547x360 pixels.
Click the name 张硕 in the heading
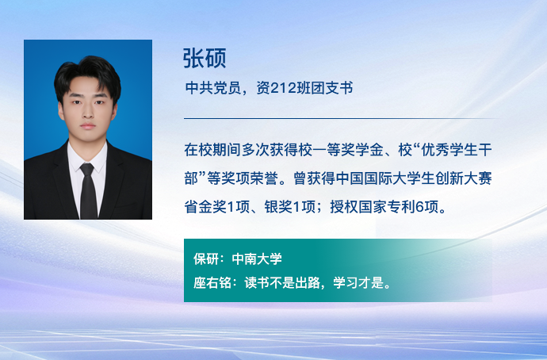pos(205,58)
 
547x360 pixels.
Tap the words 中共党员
pos(213,88)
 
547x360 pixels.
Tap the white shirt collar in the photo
pos(87,157)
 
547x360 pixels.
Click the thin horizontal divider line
pos(340,119)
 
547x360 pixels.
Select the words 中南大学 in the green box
pos(257,259)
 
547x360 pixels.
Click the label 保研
pos(206,259)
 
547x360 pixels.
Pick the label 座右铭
pos(212,282)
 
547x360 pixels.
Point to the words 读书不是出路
pos(282,282)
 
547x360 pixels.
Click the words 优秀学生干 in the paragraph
pos(457,150)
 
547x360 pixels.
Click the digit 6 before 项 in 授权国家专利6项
pos(419,207)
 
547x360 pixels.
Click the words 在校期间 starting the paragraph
pos(212,150)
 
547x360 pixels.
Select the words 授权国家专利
pos(373,207)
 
